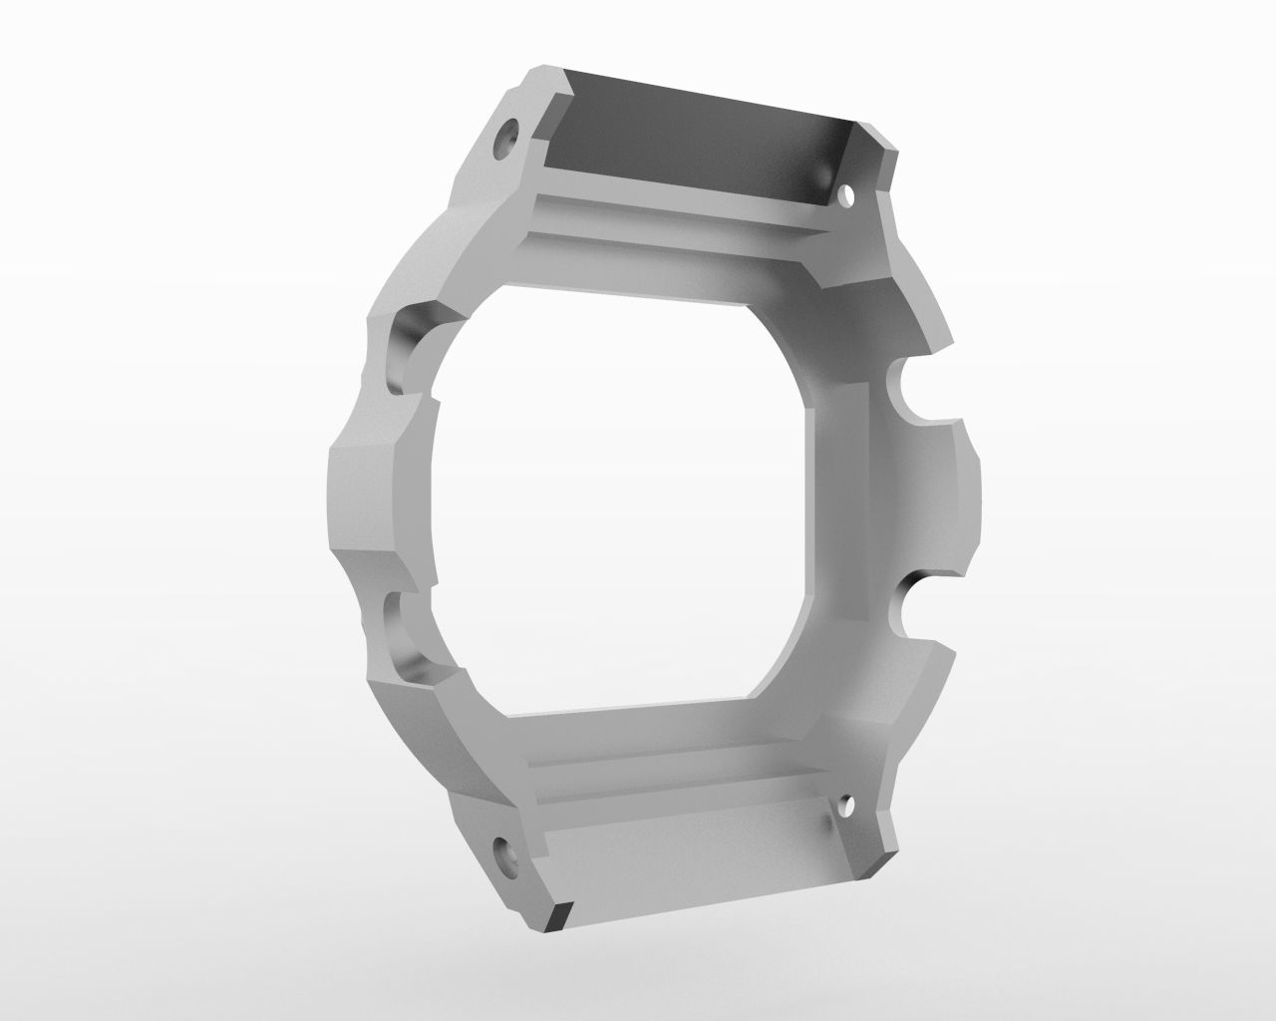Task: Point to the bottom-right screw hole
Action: click(848, 803)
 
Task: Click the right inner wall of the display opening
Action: click(832, 499)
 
